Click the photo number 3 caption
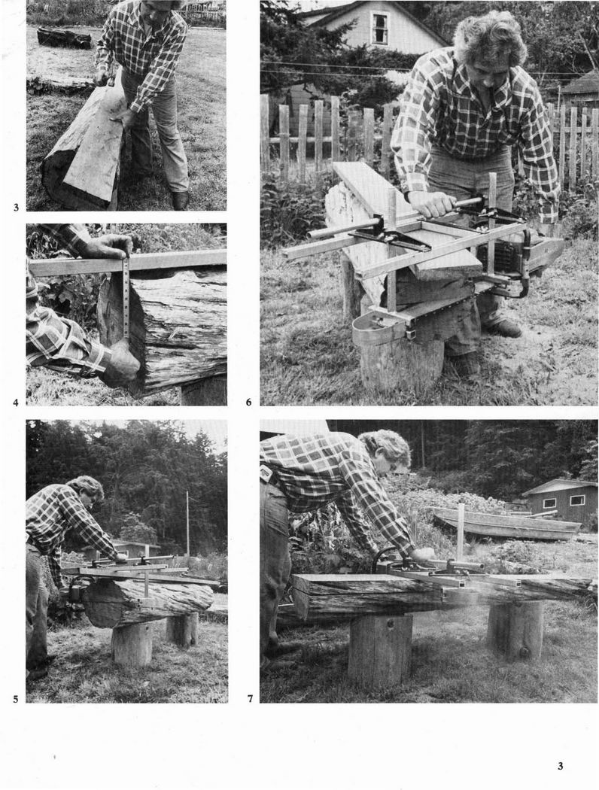click(16, 207)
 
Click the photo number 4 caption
click(16, 402)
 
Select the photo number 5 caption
click(16, 699)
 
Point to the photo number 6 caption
click(249, 402)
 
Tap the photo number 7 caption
click(250, 699)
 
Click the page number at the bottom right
click(560, 767)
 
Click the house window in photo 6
click(379, 29)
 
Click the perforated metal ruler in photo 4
click(126, 296)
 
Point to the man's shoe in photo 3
click(180, 200)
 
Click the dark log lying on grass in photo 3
click(64, 38)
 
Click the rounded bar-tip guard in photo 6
click(378, 330)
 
